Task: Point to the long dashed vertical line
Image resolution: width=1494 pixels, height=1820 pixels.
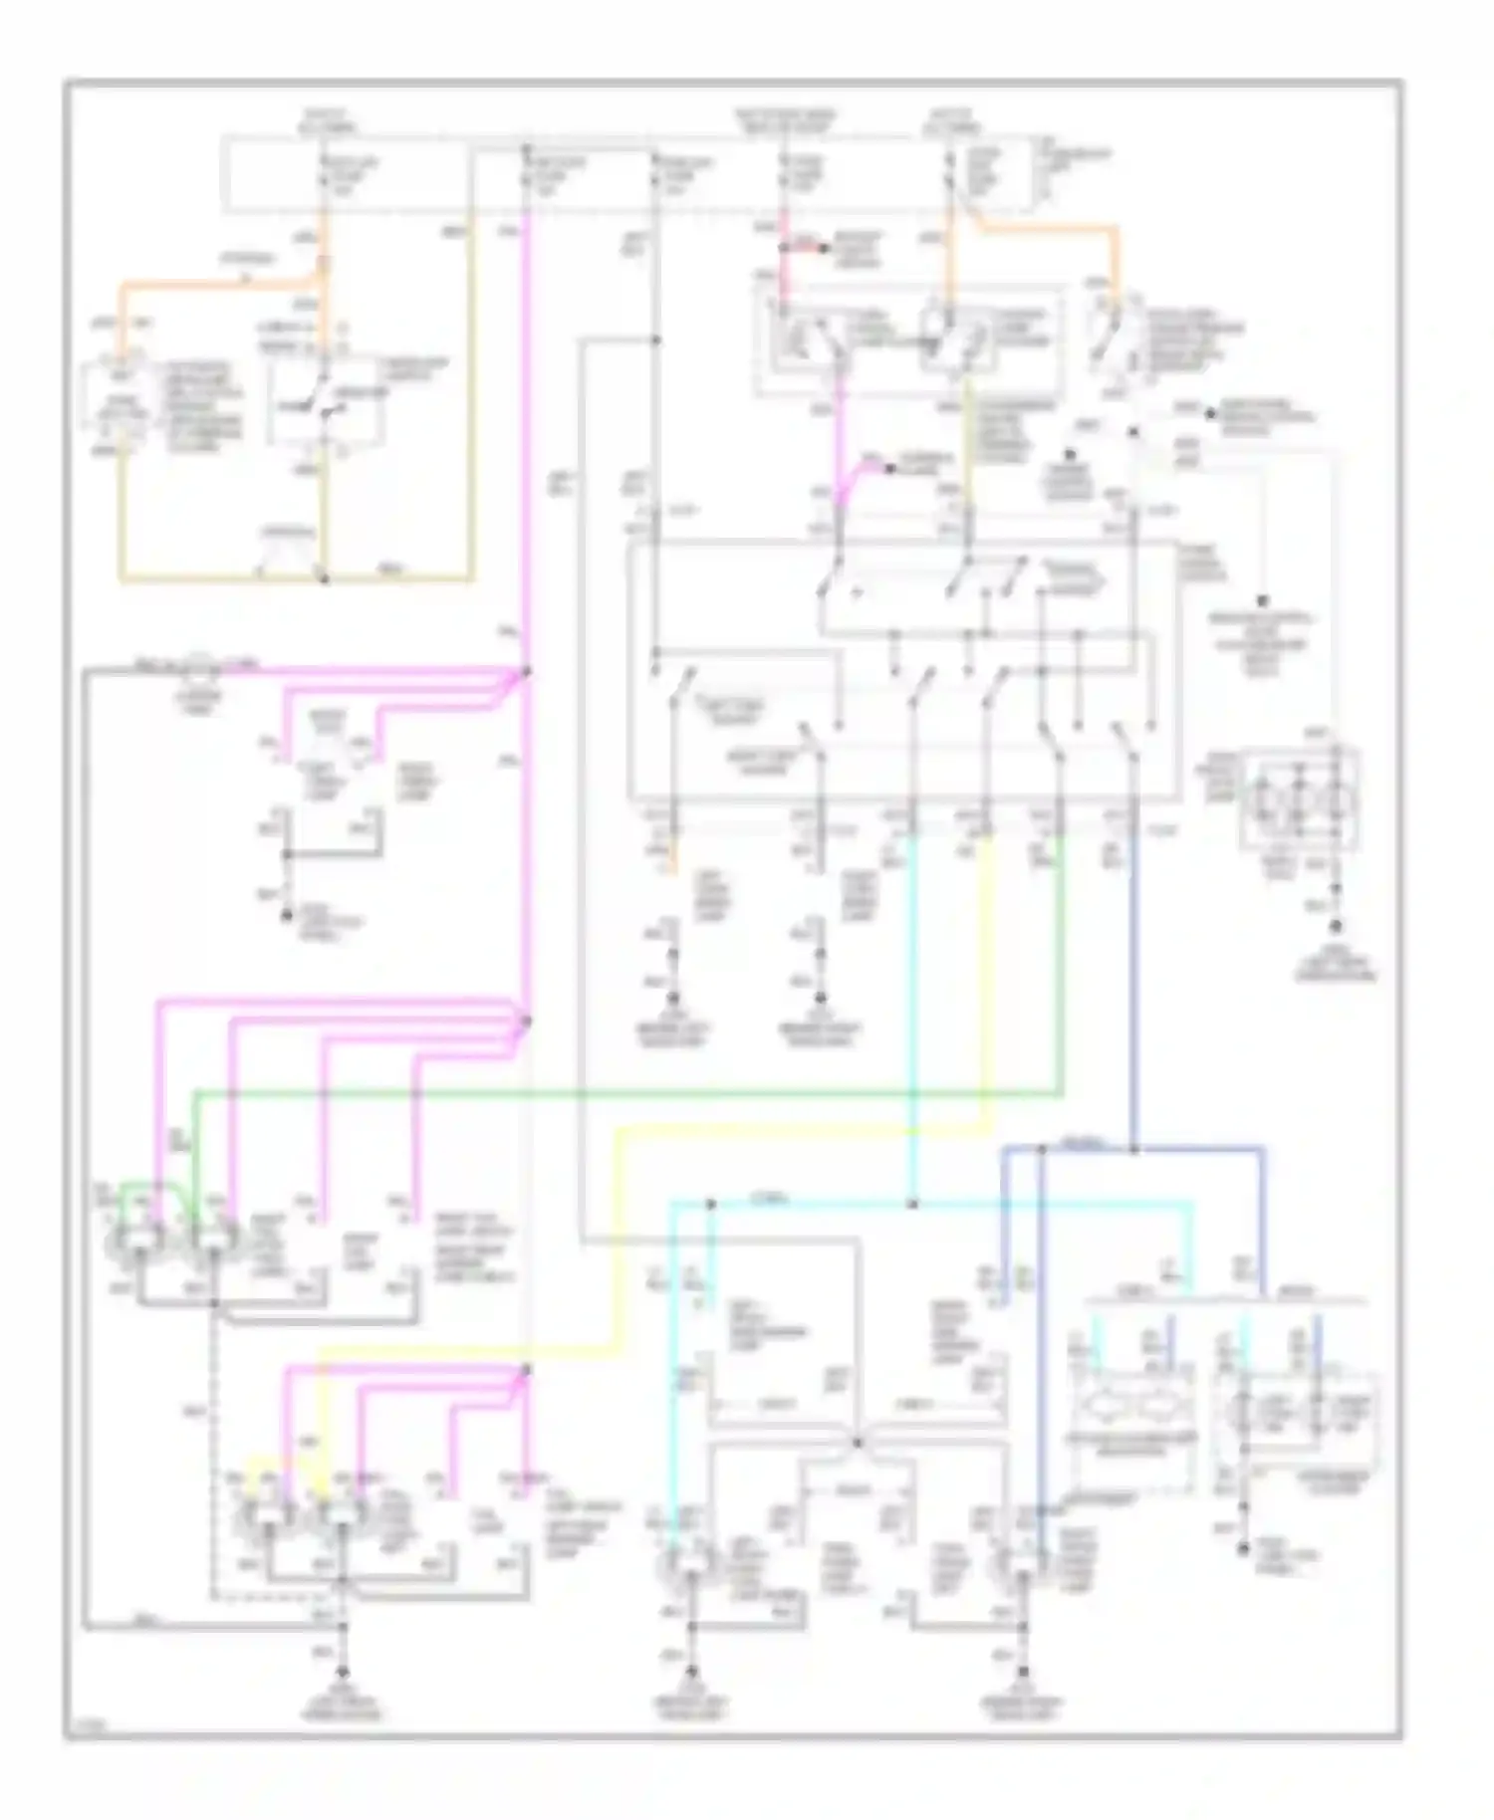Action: coord(212,1444)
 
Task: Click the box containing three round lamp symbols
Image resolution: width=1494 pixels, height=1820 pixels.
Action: coord(1300,802)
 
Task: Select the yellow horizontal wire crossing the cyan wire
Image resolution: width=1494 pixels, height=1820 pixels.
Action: coord(797,1129)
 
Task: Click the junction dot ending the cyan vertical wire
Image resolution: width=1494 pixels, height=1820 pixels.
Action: coord(912,1205)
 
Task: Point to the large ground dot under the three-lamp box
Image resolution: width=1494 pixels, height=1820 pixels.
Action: coord(1337,925)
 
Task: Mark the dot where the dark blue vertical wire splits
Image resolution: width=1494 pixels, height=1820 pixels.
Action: coord(1134,1150)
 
